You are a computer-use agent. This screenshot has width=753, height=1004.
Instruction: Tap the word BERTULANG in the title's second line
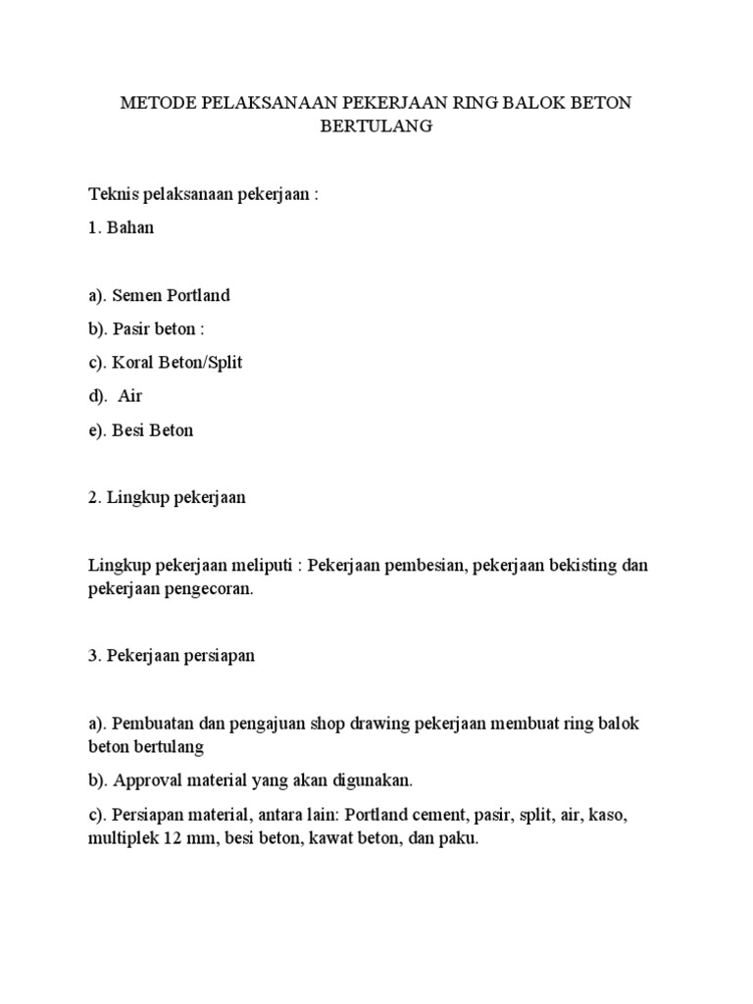point(377,127)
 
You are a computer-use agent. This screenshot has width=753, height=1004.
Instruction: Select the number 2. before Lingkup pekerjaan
point(94,497)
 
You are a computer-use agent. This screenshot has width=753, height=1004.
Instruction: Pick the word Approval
point(147,781)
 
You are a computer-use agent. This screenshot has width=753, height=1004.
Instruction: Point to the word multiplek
point(123,841)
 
